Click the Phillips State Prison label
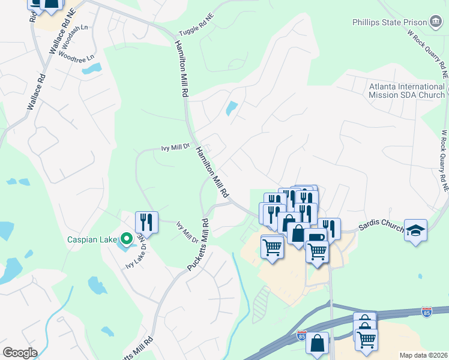[x=389, y=23]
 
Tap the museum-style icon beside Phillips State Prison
[x=435, y=23]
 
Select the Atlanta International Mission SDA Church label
[x=406, y=91]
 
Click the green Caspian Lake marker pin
[x=125, y=239]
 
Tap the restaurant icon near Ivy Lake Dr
[x=146, y=222]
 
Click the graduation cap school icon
[x=415, y=231]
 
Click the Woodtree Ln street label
[x=81, y=59]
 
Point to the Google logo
[x=19, y=353]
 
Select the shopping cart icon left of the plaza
[x=272, y=246]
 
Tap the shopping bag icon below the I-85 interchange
[x=317, y=344]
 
